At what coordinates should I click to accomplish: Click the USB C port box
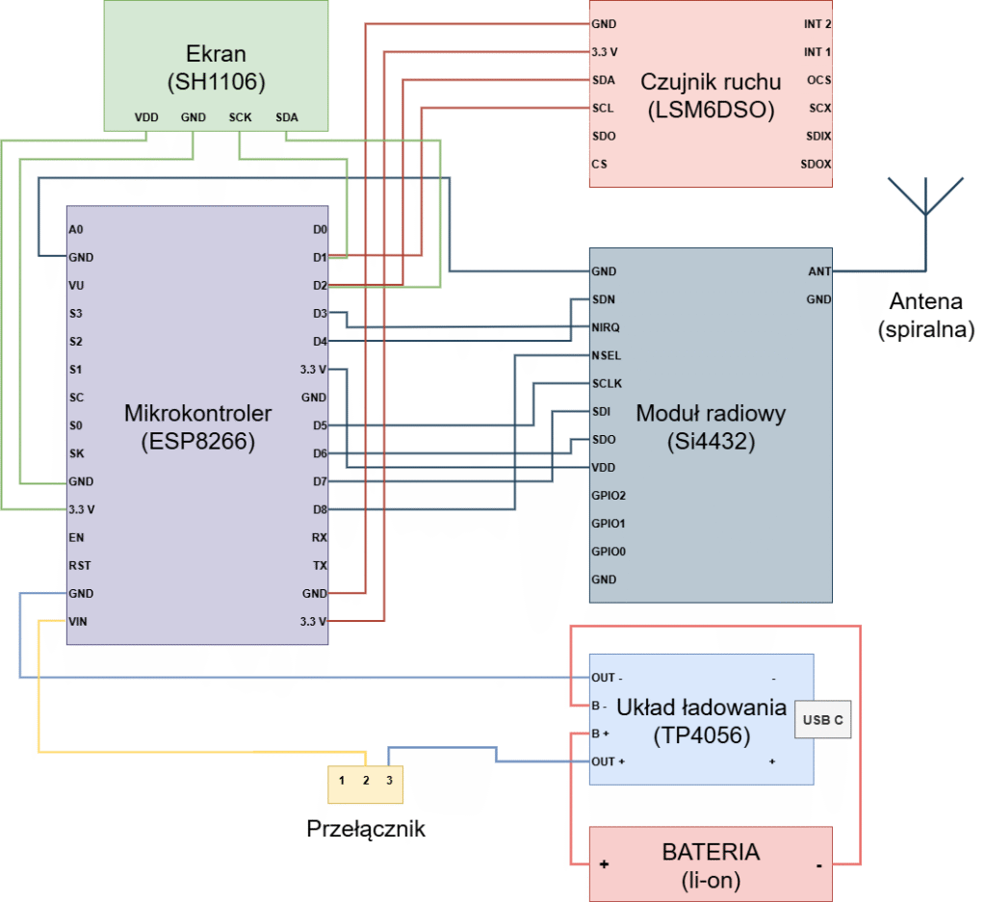[822, 719]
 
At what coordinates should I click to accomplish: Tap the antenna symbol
[924, 196]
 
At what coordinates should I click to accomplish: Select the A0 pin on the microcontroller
[76, 230]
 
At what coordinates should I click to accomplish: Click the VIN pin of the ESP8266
[78, 621]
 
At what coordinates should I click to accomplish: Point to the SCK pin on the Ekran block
[240, 117]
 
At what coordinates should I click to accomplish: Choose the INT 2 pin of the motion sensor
[817, 24]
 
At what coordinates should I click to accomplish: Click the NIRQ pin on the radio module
[606, 327]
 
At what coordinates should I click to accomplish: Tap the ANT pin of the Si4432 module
[819, 271]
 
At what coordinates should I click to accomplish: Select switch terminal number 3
[389, 779]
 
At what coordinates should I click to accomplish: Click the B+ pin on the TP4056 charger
[600, 734]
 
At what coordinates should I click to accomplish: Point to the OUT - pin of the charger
[608, 677]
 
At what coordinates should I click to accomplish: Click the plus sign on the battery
[605, 864]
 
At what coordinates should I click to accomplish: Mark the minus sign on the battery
[818, 864]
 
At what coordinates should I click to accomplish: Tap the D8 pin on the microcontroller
[320, 509]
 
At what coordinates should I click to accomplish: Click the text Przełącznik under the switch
[366, 828]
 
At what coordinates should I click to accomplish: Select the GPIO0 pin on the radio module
[609, 552]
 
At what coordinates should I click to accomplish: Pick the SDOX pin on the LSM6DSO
[816, 164]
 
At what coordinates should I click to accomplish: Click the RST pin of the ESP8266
[79, 565]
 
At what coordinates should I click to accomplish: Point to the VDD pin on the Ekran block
[146, 117]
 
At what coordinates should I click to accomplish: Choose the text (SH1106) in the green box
[216, 82]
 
